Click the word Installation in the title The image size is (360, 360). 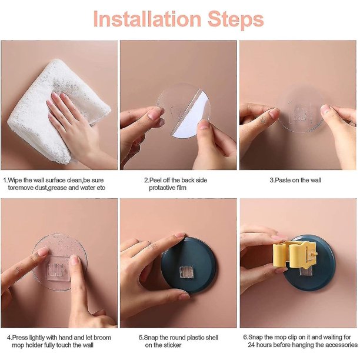click(147, 19)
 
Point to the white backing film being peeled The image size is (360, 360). click(192, 115)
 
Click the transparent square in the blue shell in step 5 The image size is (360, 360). click(186, 272)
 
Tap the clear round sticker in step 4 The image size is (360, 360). click(59, 262)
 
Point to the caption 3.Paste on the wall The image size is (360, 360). click(295, 180)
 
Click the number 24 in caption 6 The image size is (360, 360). click(251, 345)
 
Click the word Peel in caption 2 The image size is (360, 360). click(155, 180)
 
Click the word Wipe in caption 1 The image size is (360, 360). click(15, 180)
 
